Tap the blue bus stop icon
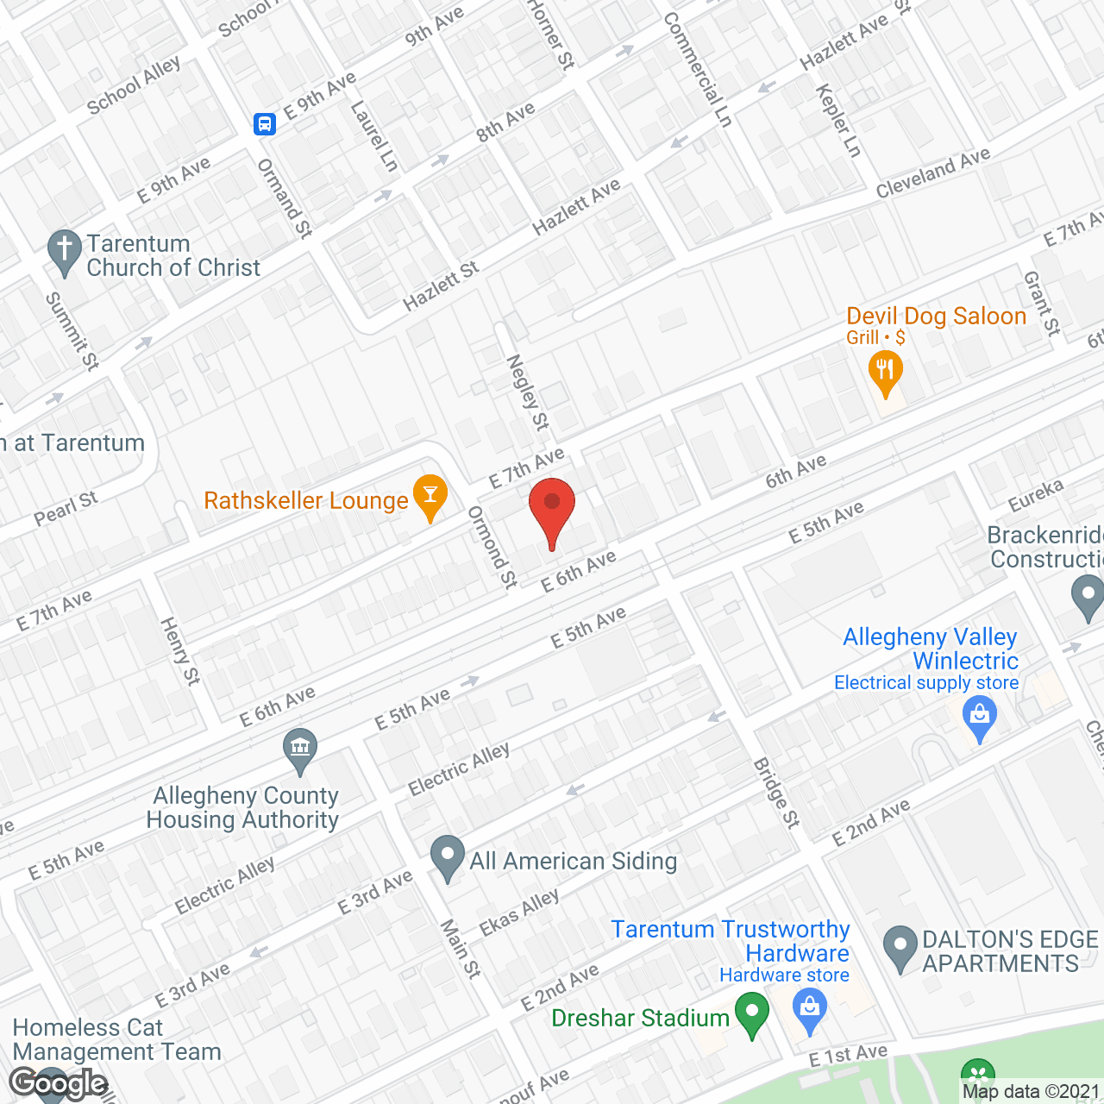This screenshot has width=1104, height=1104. click(x=265, y=124)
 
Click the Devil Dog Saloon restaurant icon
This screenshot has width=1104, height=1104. click(x=885, y=370)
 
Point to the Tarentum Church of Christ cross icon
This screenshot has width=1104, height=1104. click(x=64, y=250)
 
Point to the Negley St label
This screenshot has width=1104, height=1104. click(x=527, y=392)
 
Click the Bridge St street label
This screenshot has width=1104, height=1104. click(x=776, y=793)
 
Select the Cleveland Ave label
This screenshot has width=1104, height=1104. click(x=932, y=173)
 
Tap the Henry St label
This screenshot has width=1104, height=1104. click(x=180, y=651)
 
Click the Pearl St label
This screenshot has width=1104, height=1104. click(x=66, y=508)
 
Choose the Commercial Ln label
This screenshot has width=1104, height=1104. click(x=697, y=70)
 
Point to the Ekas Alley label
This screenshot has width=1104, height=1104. click(x=519, y=913)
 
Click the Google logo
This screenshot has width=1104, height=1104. click(x=59, y=1083)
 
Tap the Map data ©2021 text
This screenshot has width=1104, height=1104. click(x=1031, y=1091)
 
